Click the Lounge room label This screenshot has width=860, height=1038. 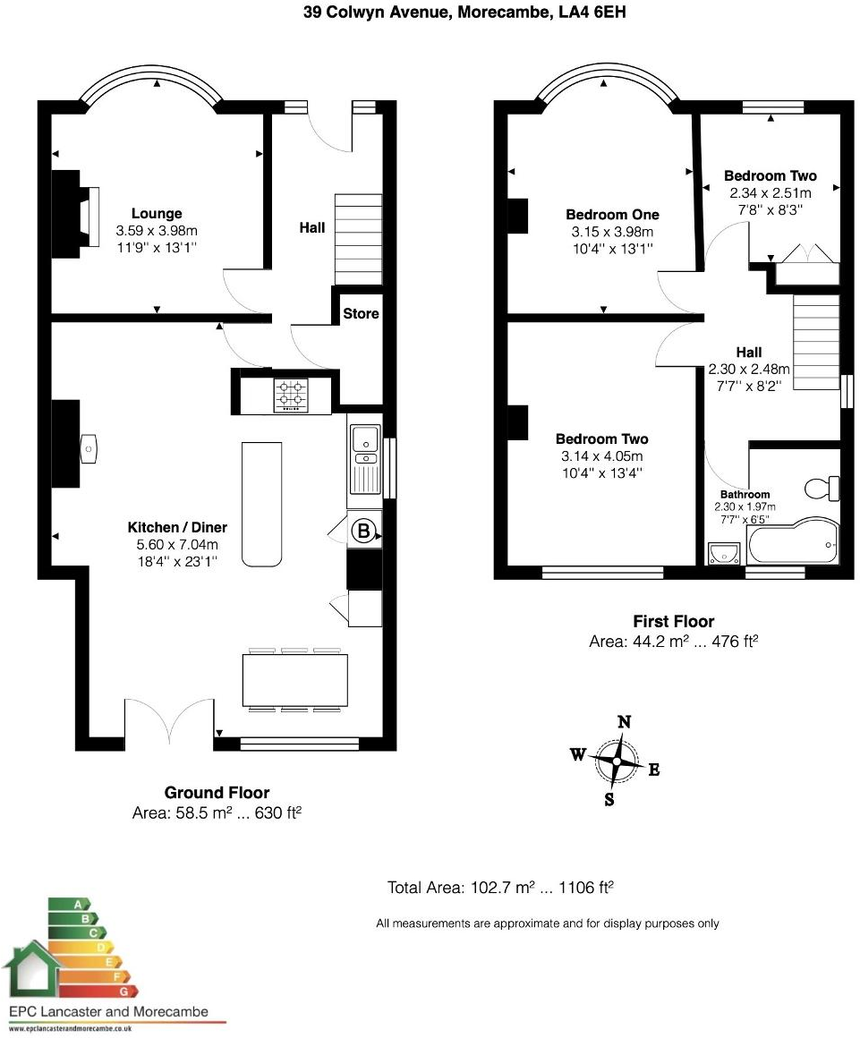tap(157, 214)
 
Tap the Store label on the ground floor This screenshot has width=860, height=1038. tap(361, 314)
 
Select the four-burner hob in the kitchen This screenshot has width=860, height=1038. tap(292, 394)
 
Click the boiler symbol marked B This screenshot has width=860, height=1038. tap(363, 532)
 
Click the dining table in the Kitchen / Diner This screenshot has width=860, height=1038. tap(294, 680)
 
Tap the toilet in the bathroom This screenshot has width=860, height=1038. tap(822, 489)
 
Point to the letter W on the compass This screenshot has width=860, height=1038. tap(578, 754)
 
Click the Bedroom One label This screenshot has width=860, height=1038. tap(612, 215)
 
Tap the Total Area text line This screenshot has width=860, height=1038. tap(499, 888)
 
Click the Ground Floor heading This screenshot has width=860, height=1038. tap(217, 793)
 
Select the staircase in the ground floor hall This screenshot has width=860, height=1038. tap(358, 238)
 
